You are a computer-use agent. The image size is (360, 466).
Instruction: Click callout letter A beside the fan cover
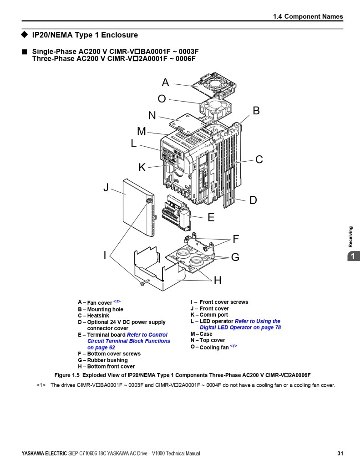pos(165,82)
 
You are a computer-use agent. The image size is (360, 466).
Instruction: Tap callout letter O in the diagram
pos(162,99)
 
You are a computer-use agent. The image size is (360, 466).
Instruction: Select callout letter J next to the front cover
pos(106,187)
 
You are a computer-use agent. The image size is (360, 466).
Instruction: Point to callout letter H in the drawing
pos(218,280)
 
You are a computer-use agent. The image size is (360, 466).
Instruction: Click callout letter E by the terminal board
pos(211,217)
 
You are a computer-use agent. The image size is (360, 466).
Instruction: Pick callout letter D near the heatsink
pos(253,200)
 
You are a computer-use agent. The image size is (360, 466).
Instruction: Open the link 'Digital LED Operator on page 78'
pos(240,328)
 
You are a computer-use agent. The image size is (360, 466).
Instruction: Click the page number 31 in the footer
pos(340,453)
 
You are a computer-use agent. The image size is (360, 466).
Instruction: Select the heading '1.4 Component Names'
pos(308,16)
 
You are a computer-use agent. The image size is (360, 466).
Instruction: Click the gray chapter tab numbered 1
pos(352,257)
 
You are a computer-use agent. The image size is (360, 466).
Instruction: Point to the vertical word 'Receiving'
pos(350,236)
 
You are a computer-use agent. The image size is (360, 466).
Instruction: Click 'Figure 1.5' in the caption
pos(67,375)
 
